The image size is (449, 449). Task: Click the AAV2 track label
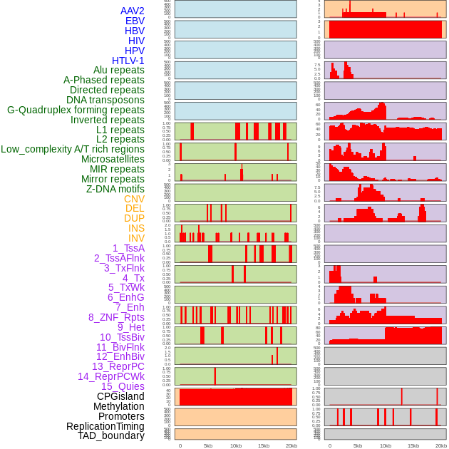[x=132, y=11]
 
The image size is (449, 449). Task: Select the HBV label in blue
[x=134, y=31]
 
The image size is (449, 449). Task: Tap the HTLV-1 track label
[x=128, y=61]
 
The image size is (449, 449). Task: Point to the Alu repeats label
[x=118, y=71]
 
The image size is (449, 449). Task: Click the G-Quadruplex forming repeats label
[x=76, y=110]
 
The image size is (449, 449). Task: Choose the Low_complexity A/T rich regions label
[x=73, y=149]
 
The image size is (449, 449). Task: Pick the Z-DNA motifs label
[x=115, y=189]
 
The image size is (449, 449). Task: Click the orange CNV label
[x=134, y=199]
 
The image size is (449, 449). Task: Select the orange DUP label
[x=134, y=218]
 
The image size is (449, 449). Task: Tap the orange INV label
[x=135, y=238]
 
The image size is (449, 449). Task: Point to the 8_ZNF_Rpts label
[x=116, y=317]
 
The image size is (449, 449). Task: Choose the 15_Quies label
[x=123, y=386]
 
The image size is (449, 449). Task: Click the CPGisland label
[x=120, y=396]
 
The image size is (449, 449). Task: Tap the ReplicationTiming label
[x=105, y=426]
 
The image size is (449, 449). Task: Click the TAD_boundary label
[x=111, y=435]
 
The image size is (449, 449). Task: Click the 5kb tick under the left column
[x=208, y=445]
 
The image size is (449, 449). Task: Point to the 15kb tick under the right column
[x=413, y=445]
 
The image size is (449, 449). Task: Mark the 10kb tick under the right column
[x=386, y=445]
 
